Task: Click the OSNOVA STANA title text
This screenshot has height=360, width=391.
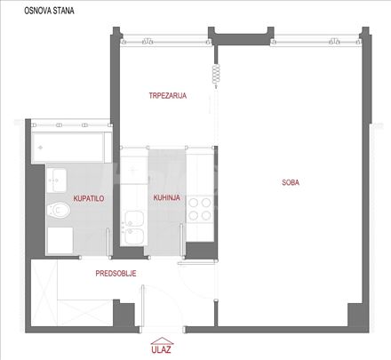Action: point(49,11)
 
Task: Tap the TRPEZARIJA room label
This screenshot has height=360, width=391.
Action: point(168,95)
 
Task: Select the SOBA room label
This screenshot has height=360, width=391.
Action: point(291,182)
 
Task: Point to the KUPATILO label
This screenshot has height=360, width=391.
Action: point(89,198)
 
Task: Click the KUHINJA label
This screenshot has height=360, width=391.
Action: point(167,197)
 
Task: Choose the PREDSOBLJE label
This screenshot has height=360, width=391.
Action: point(116,273)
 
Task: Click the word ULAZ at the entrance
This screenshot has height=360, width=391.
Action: point(161,349)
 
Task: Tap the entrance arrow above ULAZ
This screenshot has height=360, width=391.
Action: point(162,340)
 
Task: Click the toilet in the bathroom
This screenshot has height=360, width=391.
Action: point(59,210)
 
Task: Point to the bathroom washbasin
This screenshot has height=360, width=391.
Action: point(57,180)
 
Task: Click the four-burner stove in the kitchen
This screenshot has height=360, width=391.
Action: point(200,209)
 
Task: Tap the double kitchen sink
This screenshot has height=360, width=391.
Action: point(134,228)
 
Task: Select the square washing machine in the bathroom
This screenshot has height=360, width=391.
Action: point(60,240)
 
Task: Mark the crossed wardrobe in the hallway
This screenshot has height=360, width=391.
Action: point(44,292)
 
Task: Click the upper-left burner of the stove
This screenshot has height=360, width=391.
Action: point(194,203)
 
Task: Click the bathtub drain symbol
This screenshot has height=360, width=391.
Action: point(41,148)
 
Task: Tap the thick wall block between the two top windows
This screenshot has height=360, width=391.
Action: point(241,38)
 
